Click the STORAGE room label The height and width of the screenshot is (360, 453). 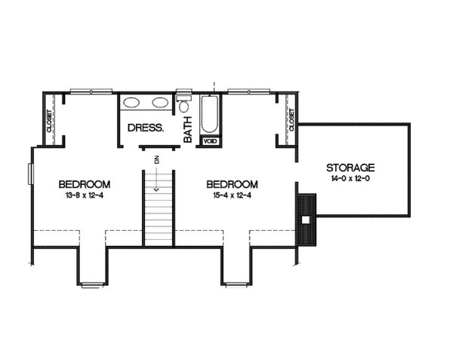click(x=351, y=167)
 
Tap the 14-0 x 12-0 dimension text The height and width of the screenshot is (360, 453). click(x=351, y=179)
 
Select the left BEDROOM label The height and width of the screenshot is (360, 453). click(x=85, y=184)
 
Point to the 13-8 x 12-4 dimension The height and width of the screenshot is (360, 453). click(x=85, y=195)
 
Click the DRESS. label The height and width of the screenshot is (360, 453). click(x=146, y=128)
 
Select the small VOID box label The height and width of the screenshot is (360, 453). click(x=210, y=140)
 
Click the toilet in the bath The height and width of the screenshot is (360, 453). click(x=184, y=105)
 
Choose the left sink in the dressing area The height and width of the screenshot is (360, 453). click(x=131, y=103)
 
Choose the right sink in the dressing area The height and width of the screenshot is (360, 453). click(x=160, y=103)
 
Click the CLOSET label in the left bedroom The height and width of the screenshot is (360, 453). click(x=49, y=121)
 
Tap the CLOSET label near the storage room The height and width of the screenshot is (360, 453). click(x=290, y=118)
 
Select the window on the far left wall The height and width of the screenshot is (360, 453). click(x=30, y=173)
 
